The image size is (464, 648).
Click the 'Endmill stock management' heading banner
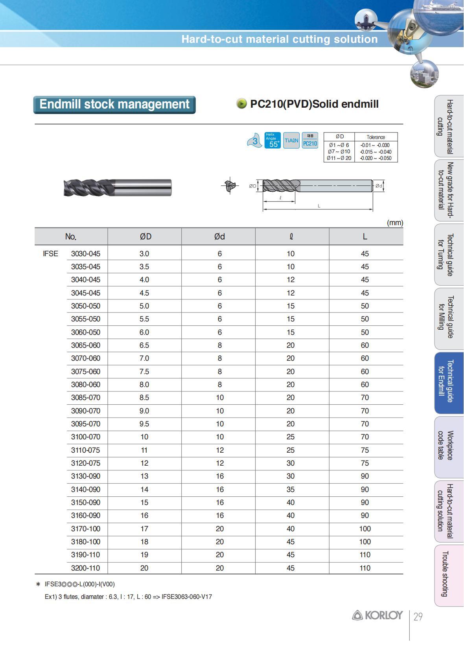coord(114,105)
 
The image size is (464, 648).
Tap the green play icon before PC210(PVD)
coord(241,104)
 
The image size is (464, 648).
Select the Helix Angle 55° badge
coord(273,140)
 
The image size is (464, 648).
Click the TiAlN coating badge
coord(291,140)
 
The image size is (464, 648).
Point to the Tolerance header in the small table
coord(376,137)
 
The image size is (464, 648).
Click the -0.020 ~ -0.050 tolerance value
coord(376,158)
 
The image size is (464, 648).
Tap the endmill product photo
coord(118,187)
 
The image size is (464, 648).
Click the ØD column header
coord(145,236)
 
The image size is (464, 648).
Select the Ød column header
coord(219,236)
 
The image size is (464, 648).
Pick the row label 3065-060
coord(85,345)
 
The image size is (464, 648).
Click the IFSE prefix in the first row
coord(50,254)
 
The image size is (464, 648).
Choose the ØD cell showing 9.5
coord(144,424)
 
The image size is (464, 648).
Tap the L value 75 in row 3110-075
coord(365,450)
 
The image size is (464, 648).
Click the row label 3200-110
coord(85,568)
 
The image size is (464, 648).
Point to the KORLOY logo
coord(377,615)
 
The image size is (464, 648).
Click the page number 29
coord(418,617)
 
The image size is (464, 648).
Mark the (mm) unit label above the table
coord(395,223)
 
